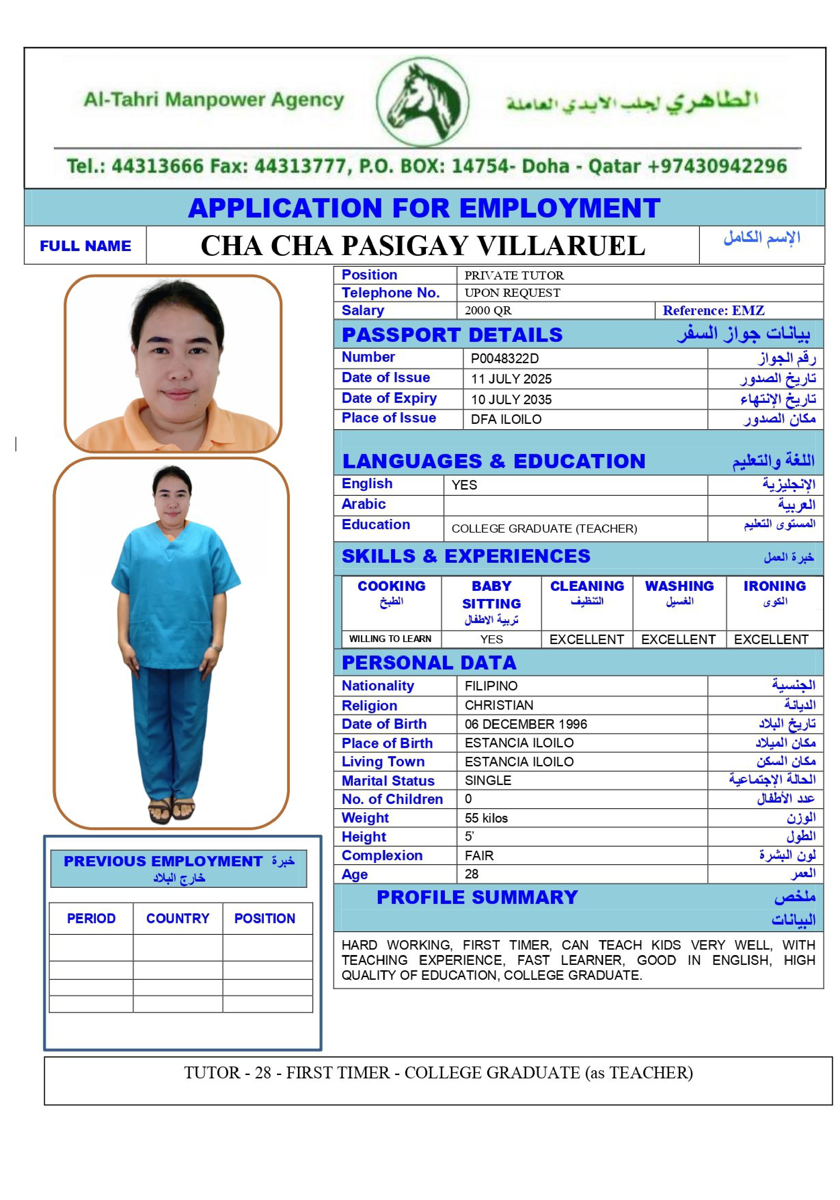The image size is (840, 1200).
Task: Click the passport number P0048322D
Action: [x=504, y=358]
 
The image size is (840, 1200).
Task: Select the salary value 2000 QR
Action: [x=488, y=310]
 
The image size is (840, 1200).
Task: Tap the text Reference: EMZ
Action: [x=713, y=310]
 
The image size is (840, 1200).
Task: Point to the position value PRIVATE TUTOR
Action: [x=514, y=275]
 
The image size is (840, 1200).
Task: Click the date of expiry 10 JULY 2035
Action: [x=511, y=400]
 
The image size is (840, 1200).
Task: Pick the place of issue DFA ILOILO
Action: [x=506, y=419]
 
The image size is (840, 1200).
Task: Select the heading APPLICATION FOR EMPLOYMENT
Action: [x=424, y=208]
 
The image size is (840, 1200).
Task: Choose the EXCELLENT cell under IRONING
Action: [x=771, y=639]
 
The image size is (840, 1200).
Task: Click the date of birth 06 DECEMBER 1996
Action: [x=525, y=724]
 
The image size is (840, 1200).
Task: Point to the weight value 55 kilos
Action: [x=486, y=818]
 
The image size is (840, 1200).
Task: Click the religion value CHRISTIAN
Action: [x=499, y=705]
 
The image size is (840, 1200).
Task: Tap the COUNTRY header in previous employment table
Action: [x=178, y=918]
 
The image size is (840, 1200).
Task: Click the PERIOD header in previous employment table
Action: [x=91, y=918]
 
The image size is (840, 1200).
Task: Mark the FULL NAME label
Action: [x=85, y=246]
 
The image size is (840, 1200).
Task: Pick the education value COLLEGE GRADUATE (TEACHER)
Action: [x=544, y=529]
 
